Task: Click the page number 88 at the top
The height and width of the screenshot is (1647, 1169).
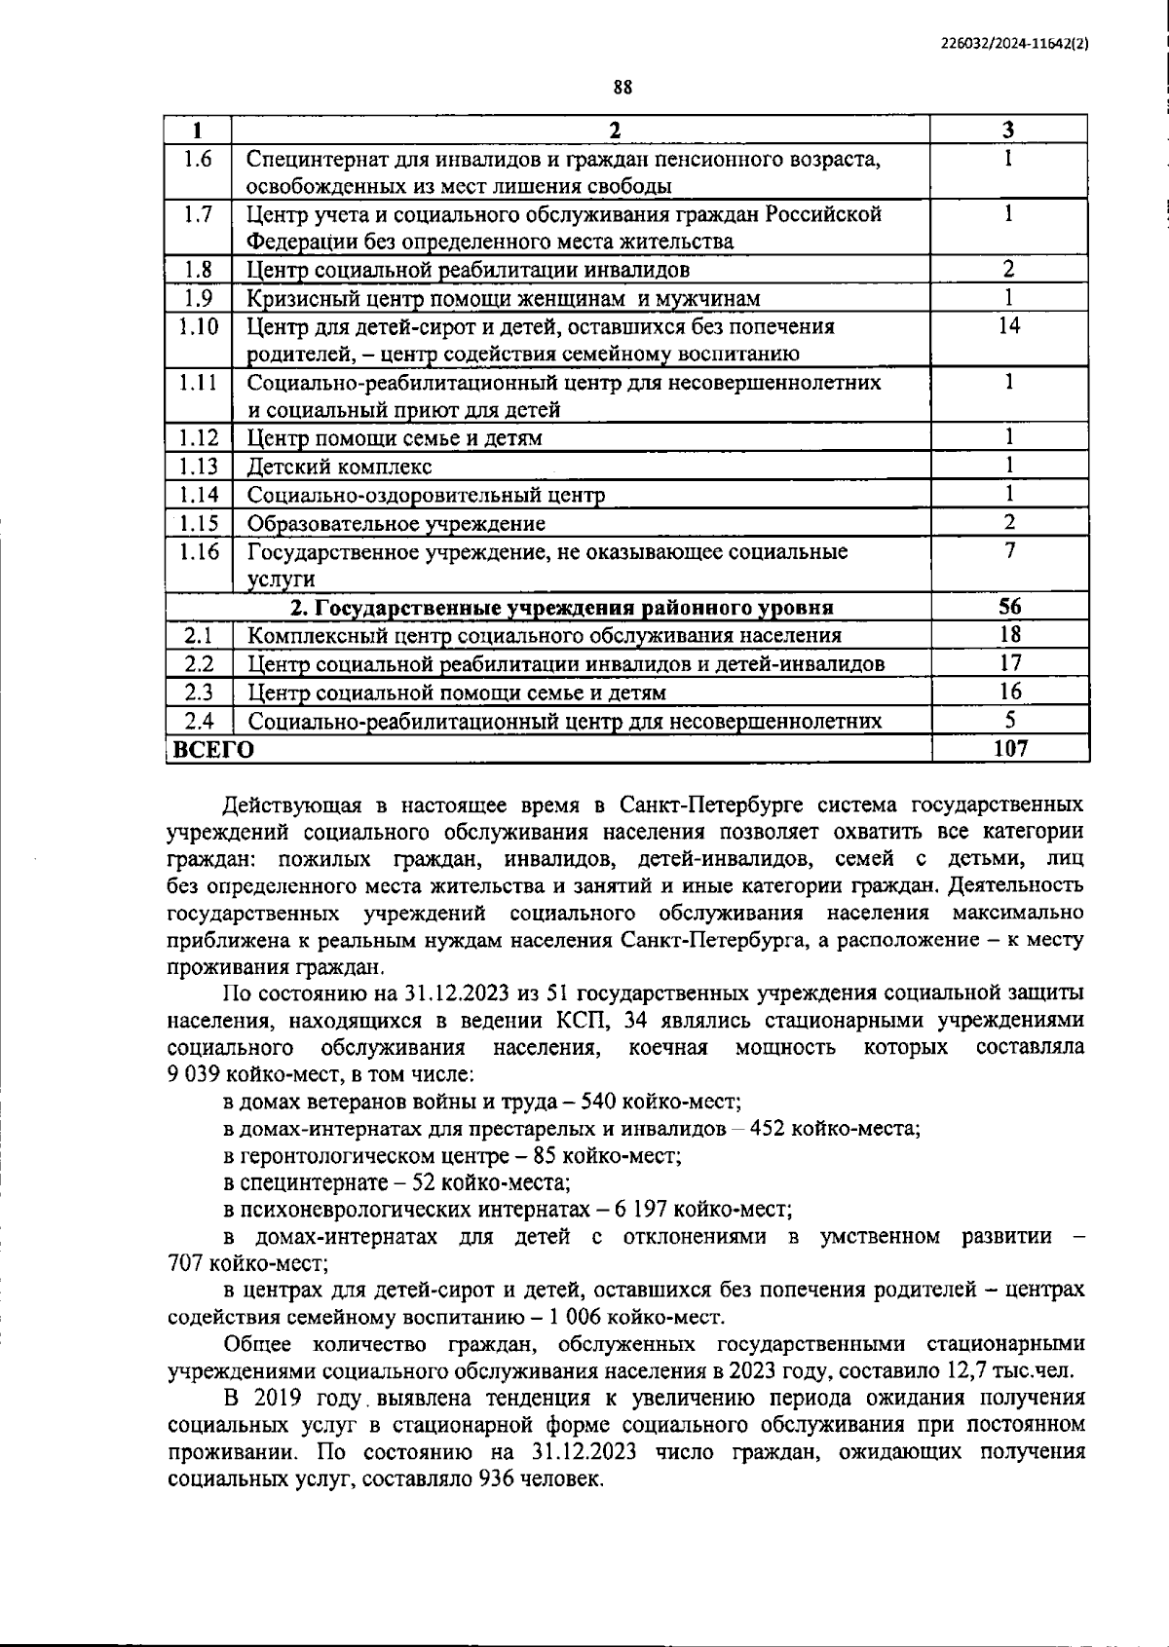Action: [623, 88]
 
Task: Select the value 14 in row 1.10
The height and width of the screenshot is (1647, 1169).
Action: [1008, 326]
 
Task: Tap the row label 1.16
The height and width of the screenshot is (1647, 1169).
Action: [199, 552]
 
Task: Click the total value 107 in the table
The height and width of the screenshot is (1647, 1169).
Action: [1009, 748]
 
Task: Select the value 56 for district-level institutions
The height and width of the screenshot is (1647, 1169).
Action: [1009, 607]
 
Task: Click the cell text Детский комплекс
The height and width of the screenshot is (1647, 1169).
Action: [339, 467]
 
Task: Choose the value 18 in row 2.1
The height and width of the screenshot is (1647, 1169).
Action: [1009, 635]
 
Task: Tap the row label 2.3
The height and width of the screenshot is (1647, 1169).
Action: [199, 692]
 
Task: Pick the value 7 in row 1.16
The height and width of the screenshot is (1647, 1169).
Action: [1009, 551]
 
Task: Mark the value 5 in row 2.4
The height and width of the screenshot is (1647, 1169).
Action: [1009, 721]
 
